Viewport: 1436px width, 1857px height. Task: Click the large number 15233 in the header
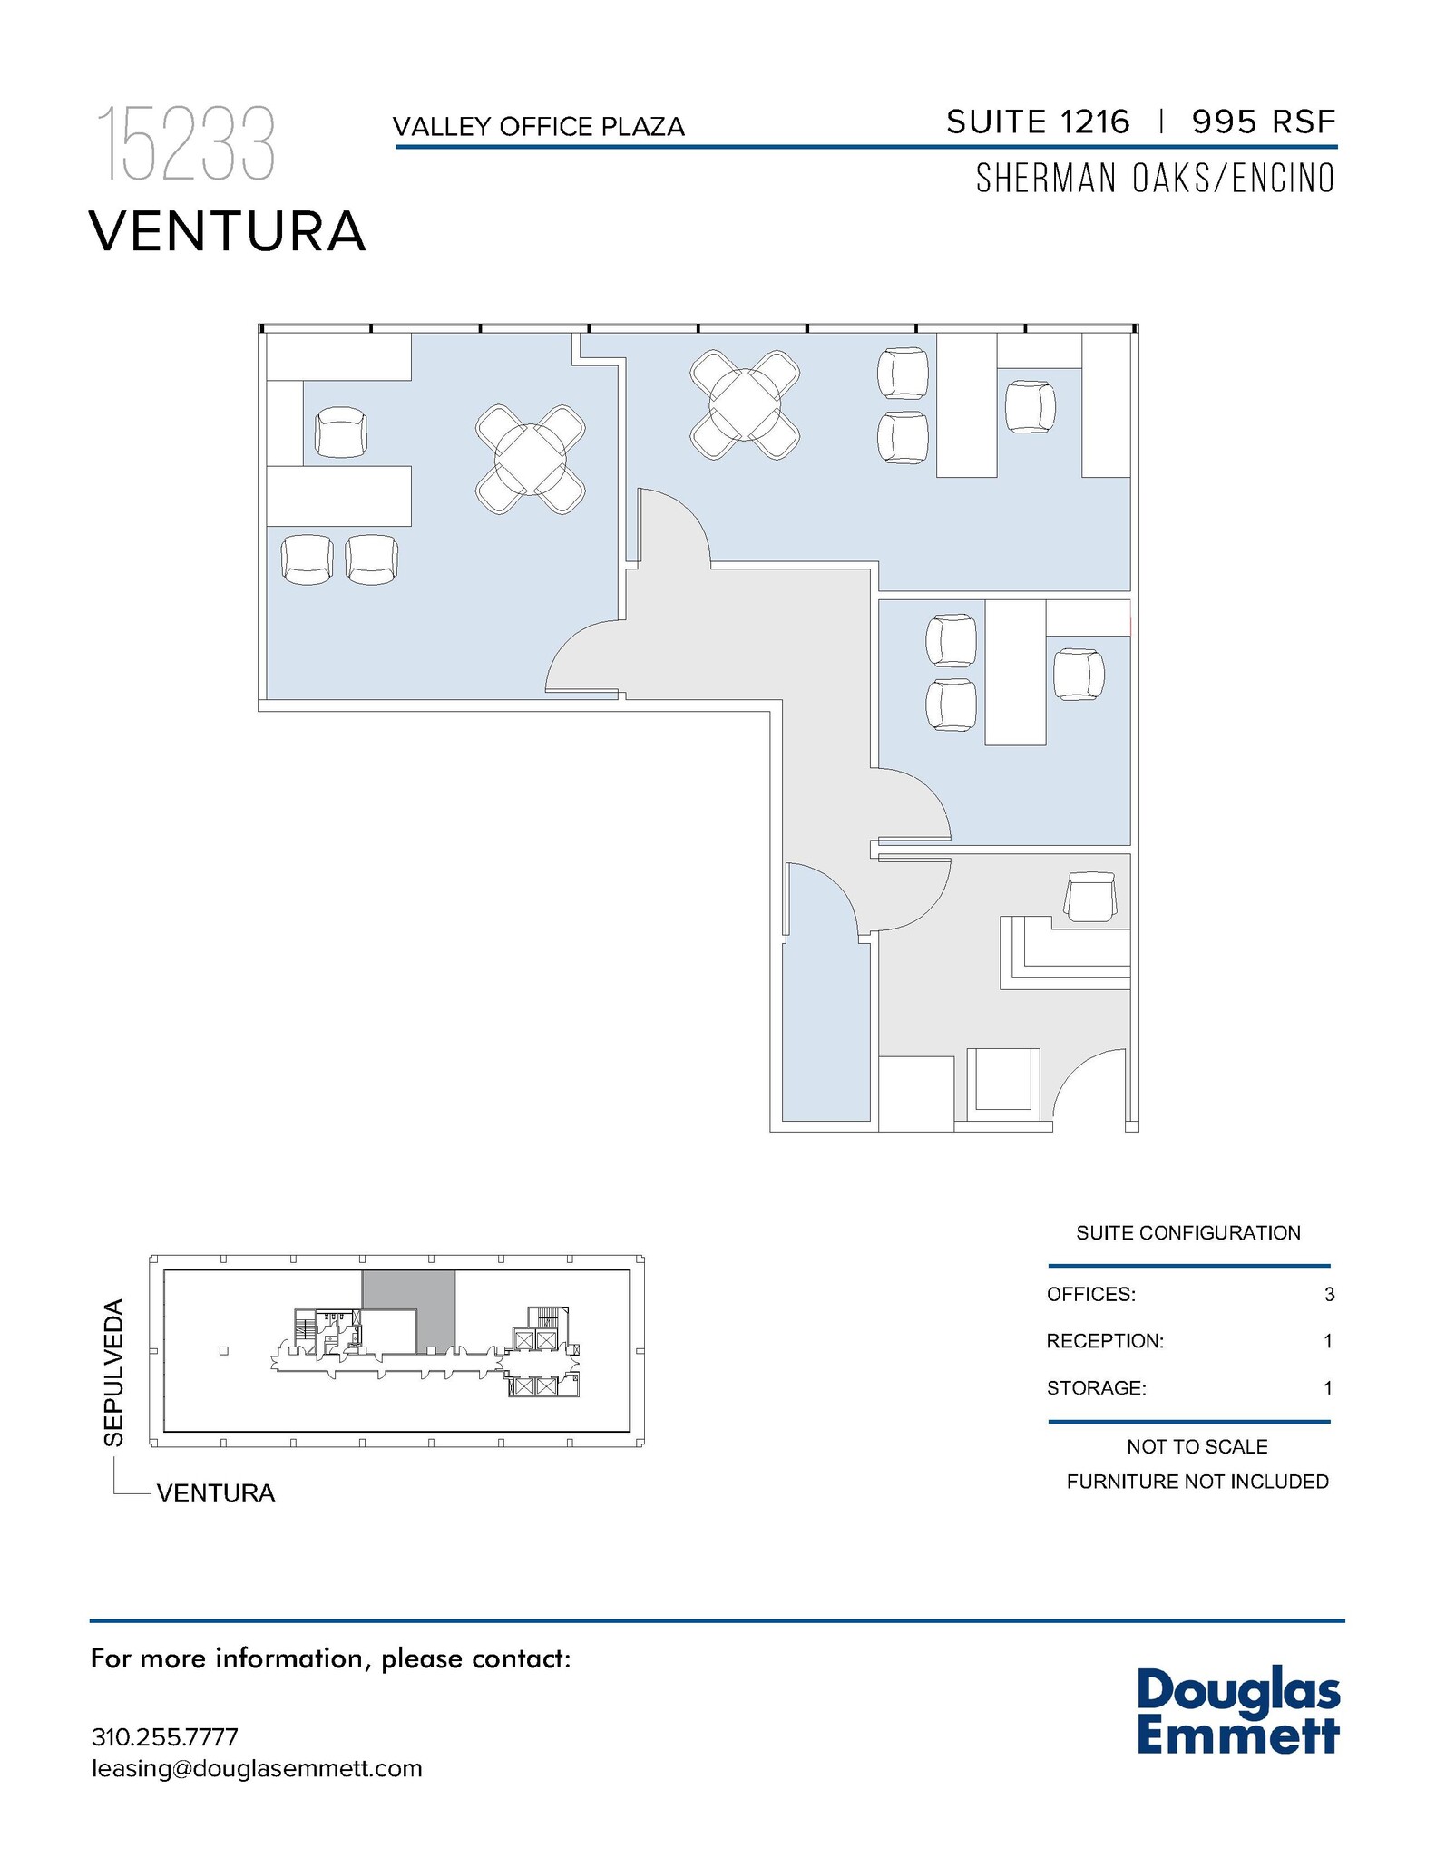[186, 144]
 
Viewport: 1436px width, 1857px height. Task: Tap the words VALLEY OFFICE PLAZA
[538, 127]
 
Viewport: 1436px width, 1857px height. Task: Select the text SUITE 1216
[1038, 122]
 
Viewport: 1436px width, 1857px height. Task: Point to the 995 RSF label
[1264, 122]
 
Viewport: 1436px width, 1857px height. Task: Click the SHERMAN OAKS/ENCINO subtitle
[1155, 179]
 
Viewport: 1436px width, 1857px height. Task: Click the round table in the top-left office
[530, 459]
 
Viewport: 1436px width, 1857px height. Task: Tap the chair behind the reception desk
[1089, 897]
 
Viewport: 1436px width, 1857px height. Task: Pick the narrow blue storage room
[825, 1034]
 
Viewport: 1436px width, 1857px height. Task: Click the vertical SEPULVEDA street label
[113, 1372]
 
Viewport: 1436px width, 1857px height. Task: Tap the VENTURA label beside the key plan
[216, 1492]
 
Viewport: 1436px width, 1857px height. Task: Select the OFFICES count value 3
[1328, 1294]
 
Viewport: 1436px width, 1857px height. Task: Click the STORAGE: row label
[1096, 1387]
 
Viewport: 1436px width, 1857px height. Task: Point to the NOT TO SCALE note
[1197, 1446]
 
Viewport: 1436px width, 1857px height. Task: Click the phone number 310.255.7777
[165, 1736]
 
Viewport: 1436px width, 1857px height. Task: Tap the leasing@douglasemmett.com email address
[257, 1768]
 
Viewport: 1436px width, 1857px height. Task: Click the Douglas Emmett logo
[1237, 1712]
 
